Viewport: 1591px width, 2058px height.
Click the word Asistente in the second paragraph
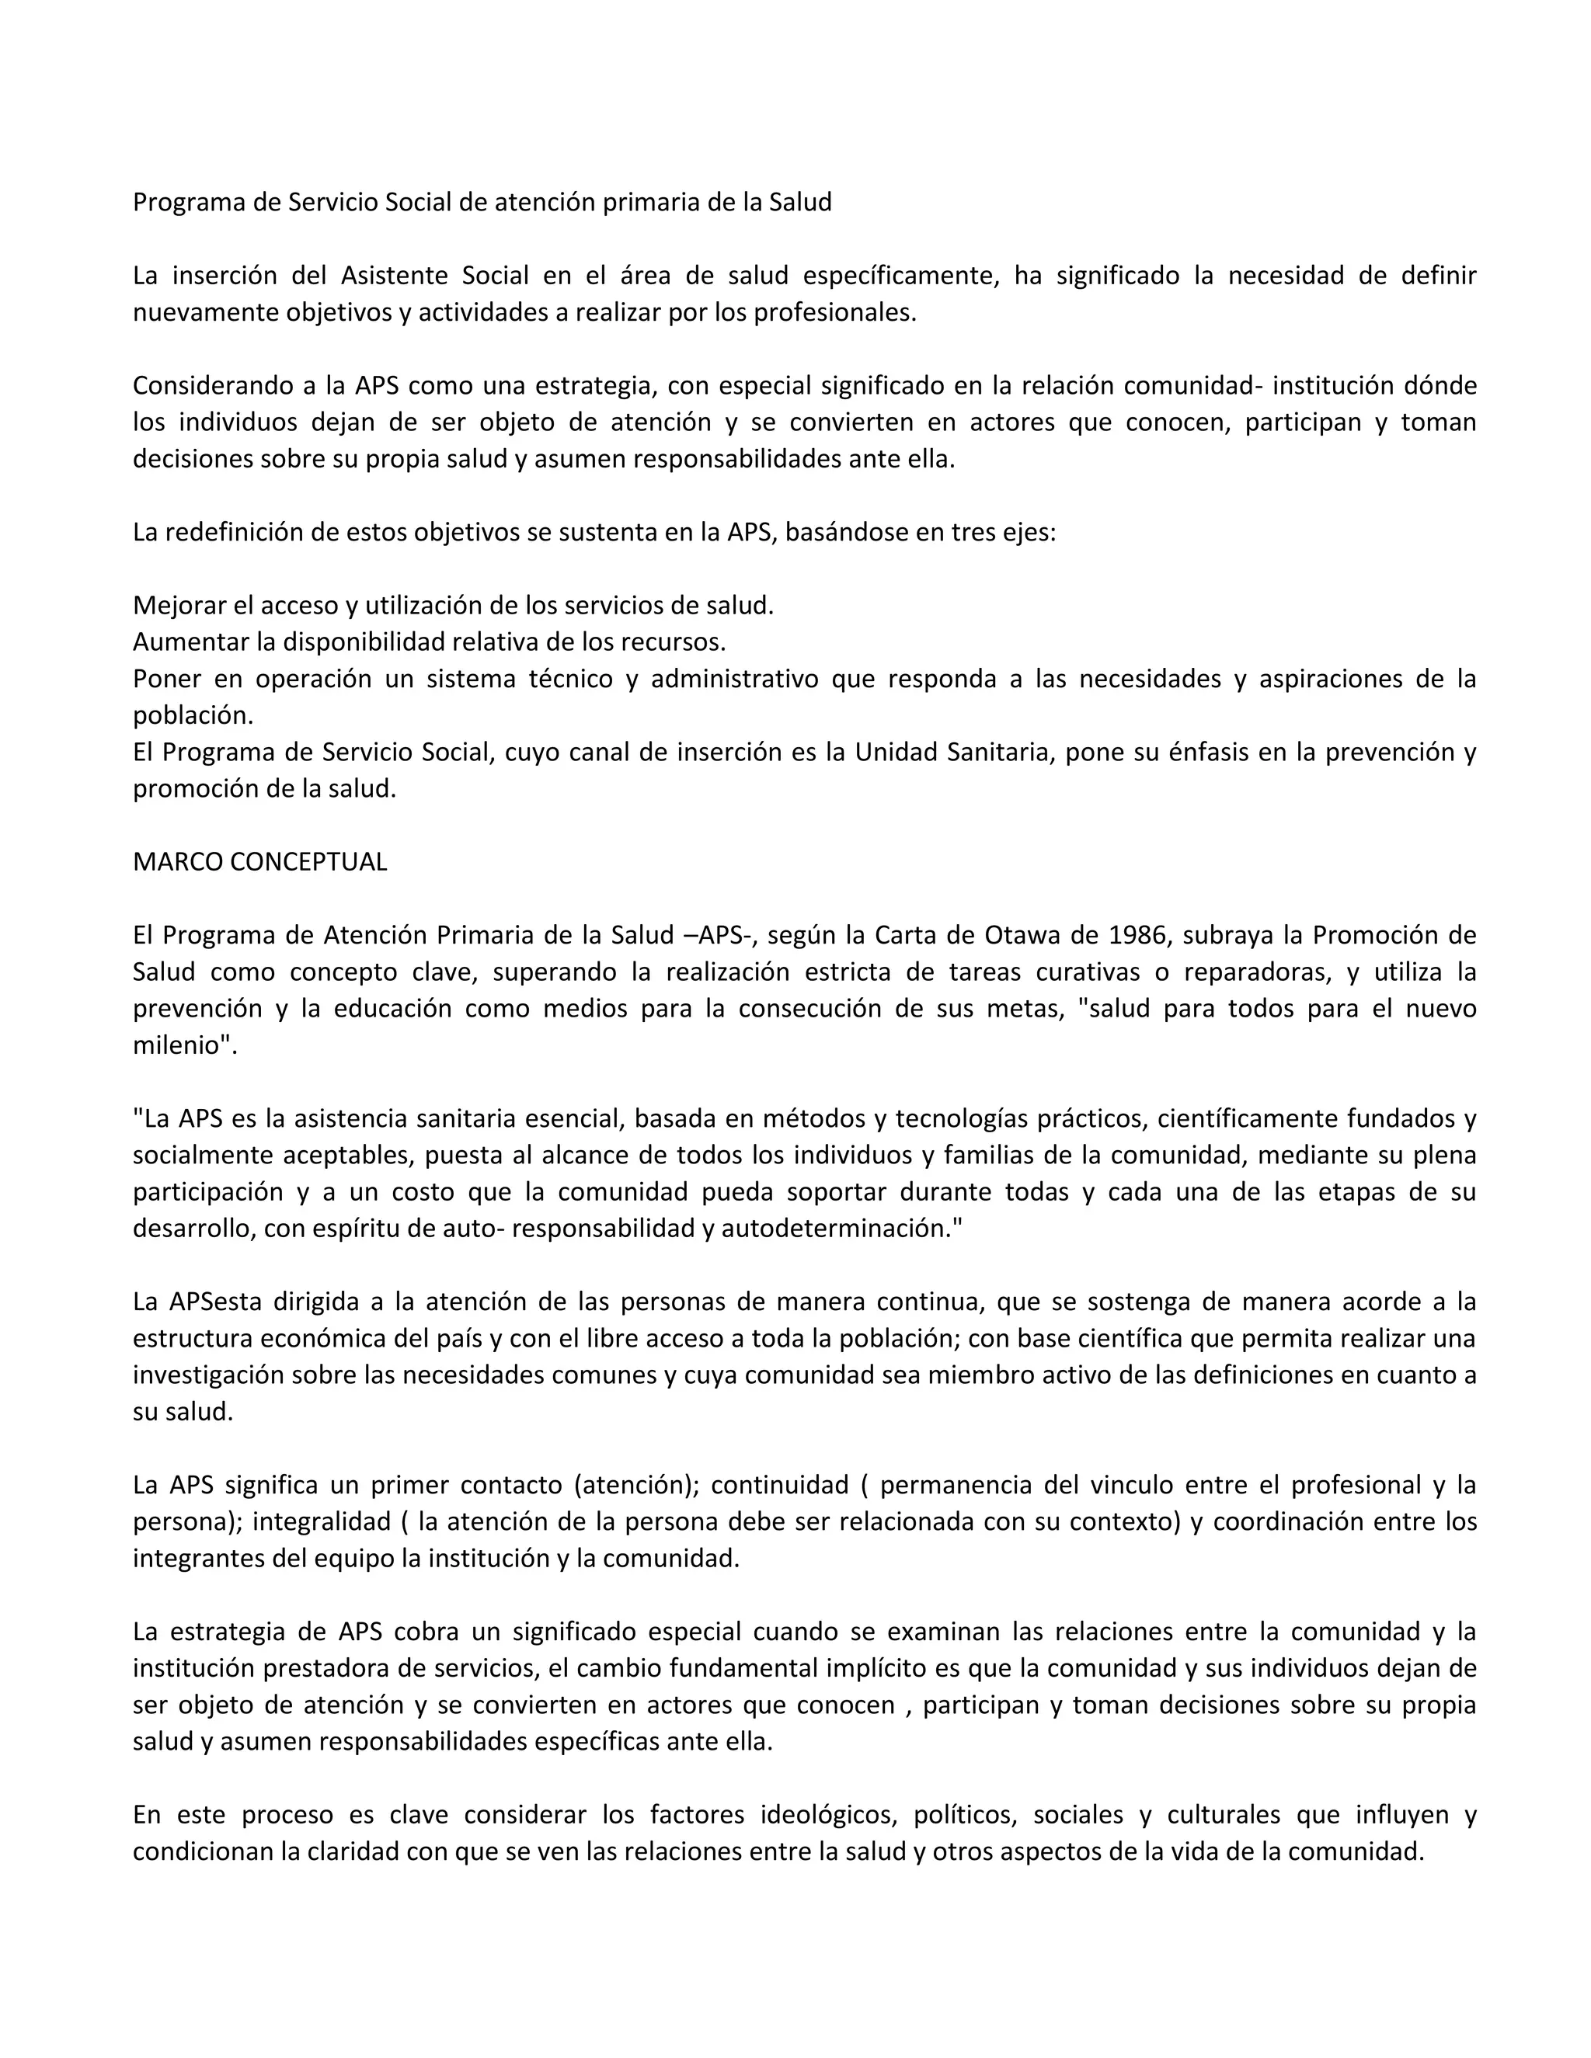pos(394,276)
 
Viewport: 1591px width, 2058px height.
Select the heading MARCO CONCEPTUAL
pos(259,862)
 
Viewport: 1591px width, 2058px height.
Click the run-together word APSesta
pos(215,1303)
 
